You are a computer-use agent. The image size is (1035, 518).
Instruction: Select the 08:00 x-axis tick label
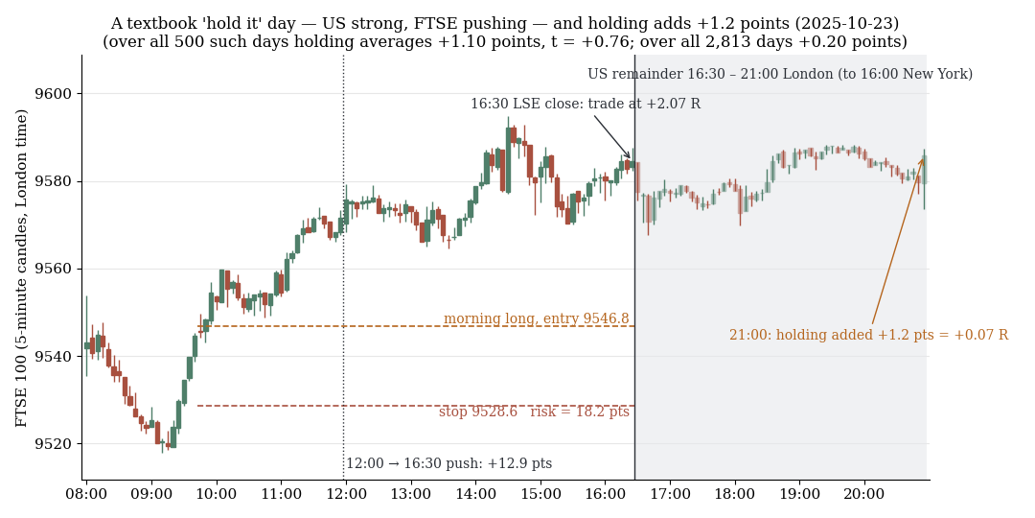[x=86, y=494]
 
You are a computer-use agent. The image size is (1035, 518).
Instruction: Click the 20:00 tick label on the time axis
[x=864, y=494]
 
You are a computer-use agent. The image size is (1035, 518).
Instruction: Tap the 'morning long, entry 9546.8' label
[x=536, y=318]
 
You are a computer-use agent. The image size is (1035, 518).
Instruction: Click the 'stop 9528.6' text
[x=478, y=412]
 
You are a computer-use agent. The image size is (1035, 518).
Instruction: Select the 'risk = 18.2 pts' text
[x=580, y=412]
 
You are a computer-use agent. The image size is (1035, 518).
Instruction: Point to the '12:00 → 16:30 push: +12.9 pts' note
[x=448, y=464]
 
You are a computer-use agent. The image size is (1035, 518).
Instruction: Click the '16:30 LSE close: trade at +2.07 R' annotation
[x=586, y=104]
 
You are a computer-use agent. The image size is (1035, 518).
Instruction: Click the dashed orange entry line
[x=416, y=326]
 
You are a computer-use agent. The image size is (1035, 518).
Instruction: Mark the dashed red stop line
[x=416, y=406]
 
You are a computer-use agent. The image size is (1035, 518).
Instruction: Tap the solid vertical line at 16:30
[x=635, y=268]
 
